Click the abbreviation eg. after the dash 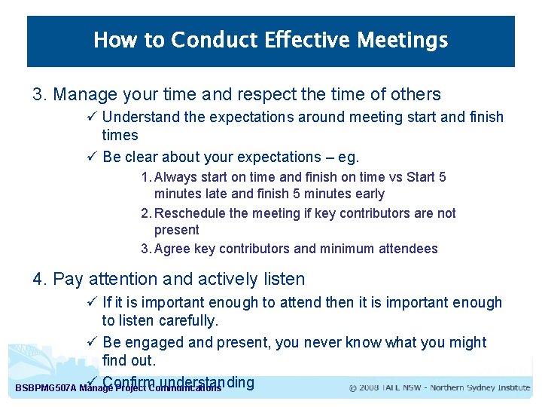[348, 158]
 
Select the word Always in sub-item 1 [175, 177]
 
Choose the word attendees [407, 249]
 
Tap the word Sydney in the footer [482, 388]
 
